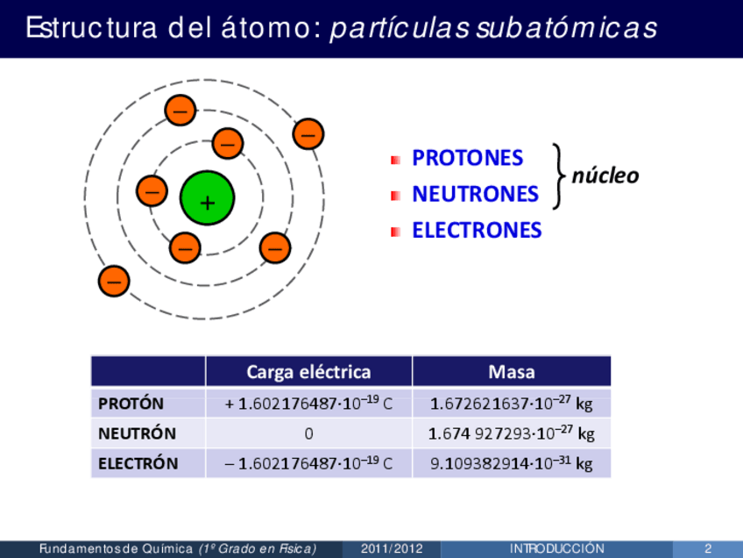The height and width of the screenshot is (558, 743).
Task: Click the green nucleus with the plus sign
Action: [x=207, y=198]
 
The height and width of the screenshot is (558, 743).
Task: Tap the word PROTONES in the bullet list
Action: [x=467, y=159]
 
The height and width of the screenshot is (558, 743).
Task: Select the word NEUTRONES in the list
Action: [x=475, y=194]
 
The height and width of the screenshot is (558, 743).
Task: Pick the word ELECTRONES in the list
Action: [x=477, y=231]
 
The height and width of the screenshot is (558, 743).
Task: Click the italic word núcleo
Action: [x=605, y=176]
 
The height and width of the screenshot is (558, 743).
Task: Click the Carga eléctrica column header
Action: [x=308, y=372]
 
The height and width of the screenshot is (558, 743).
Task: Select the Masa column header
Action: [x=512, y=372]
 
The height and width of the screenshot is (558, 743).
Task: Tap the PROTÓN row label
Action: [x=131, y=404]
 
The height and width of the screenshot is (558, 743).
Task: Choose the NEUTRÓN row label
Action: [x=137, y=433]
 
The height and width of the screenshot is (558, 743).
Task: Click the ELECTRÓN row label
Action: [x=138, y=463]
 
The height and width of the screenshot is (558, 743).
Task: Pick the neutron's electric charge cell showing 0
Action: [x=308, y=433]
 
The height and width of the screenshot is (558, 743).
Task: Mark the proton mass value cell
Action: [x=512, y=404]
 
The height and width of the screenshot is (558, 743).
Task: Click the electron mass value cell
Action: [x=512, y=463]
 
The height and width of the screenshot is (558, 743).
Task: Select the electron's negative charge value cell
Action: [x=308, y=463]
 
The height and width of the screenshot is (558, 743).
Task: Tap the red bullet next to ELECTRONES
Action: [x=396, y=232]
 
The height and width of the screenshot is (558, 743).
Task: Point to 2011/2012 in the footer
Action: [x=392, y=549]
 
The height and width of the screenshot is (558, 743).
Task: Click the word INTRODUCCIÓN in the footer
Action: [x=557, y=549]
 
